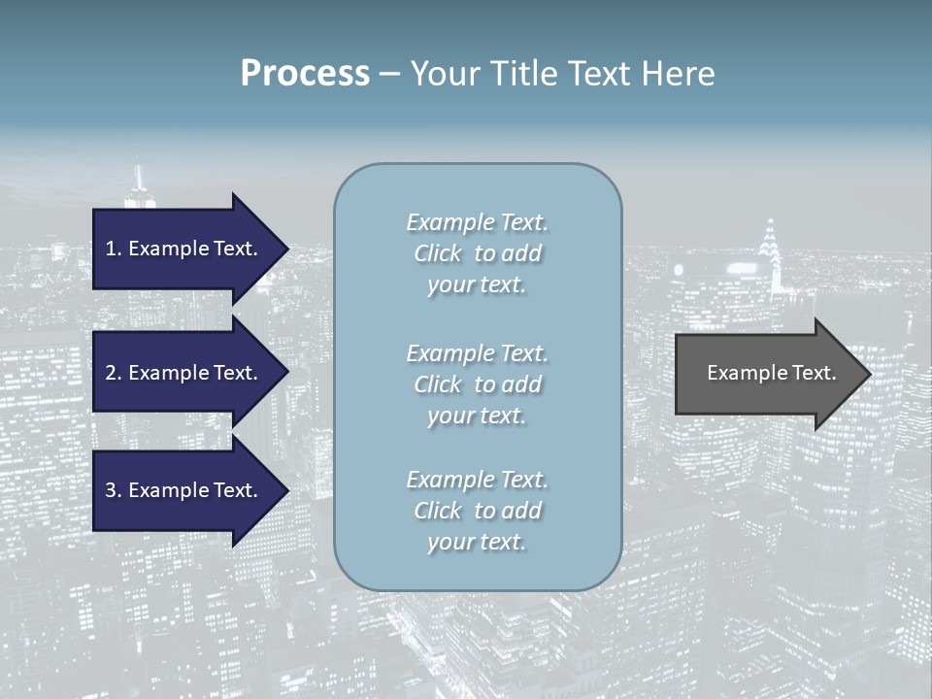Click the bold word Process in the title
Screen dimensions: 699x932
coord(305,74)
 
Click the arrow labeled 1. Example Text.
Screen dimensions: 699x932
coord(184,249)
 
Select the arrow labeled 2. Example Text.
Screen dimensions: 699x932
coord(184,373)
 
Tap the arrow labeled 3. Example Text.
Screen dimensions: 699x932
coord(184,490)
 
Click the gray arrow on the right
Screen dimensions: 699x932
coord(767,374)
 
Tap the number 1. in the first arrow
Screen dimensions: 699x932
coord(113,249)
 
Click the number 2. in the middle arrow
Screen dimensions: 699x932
coord(113,373)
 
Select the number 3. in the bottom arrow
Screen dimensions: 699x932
coord(113,490)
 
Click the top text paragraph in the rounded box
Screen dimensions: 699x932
coord(477,253)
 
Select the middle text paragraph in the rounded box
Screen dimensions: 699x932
coord(477,384)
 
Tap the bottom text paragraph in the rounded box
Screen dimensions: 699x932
coord(477,511)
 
